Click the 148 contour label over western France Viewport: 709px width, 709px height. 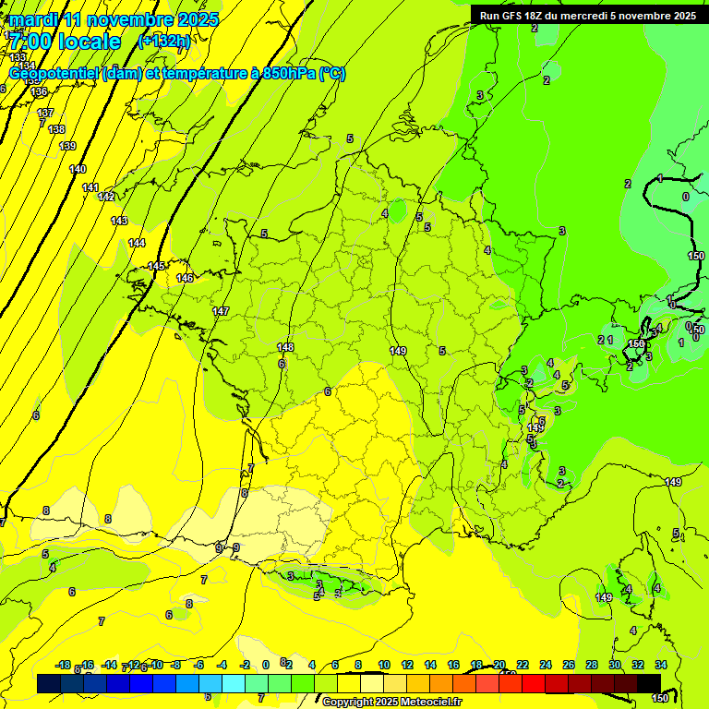[x=285, y=347]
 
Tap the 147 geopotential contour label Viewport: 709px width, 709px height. [x=221, y=311]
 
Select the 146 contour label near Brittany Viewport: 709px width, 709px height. [x=185, y=278]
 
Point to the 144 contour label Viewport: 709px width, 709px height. [x=137, y=243]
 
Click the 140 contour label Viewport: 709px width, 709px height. [x=78, y=169]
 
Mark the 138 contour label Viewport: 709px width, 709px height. [x=56, y=129]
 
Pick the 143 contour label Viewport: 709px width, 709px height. [x=119, y=221]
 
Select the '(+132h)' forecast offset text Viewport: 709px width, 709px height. [x=164, y=42]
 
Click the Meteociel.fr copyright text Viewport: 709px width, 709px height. [x=391, y=703]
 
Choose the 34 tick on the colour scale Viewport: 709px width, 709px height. [x=661, y=665]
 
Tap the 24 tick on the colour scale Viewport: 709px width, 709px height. [x=546, y=665]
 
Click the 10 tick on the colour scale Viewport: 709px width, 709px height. [x=384, y=665]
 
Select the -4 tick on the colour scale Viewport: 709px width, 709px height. [x=221, y=665]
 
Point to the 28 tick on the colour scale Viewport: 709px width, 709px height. [x=592, y=665]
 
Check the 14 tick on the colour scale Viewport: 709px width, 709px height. [x=430, y=665]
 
